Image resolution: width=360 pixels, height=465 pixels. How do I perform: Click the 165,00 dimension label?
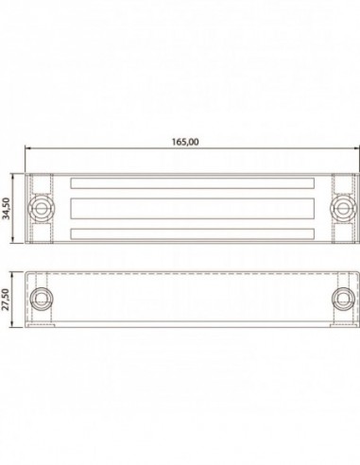(185, 142)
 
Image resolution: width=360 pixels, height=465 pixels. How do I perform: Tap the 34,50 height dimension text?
(7, 208)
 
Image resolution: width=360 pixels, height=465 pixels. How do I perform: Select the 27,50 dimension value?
(6, 299)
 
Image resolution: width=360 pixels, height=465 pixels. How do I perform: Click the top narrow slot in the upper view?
(193, 183)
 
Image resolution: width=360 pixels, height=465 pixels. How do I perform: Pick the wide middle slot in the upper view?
(193, 208)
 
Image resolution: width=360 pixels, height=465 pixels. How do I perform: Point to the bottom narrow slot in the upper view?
(193, 233)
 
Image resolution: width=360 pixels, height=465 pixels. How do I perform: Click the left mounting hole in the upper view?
(41, 208)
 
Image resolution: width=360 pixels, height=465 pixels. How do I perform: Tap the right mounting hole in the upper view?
(343, 208)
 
